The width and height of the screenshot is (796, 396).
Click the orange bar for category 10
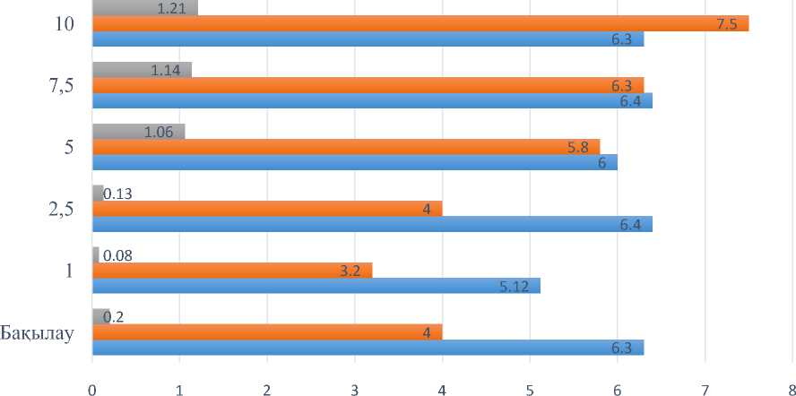tap(420, 23)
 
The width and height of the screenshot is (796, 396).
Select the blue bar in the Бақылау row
tap(368, 348)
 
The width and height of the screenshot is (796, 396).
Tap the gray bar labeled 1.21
tap(144, 8)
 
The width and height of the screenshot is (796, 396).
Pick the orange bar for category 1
tap(231, 271)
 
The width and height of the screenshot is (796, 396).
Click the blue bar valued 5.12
tap(316, 286)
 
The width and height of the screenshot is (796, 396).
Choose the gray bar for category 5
tap(138, 132)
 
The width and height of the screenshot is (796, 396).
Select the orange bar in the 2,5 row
tap(267, 209)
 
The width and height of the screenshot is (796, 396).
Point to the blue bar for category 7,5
tap(372, 100)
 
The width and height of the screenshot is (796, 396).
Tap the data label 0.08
tap(118, 255)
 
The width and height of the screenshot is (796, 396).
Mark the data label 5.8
tap(577, 147)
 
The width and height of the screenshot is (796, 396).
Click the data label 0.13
tap(118, 193)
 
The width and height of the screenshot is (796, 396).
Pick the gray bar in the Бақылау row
tap(100, 316)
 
